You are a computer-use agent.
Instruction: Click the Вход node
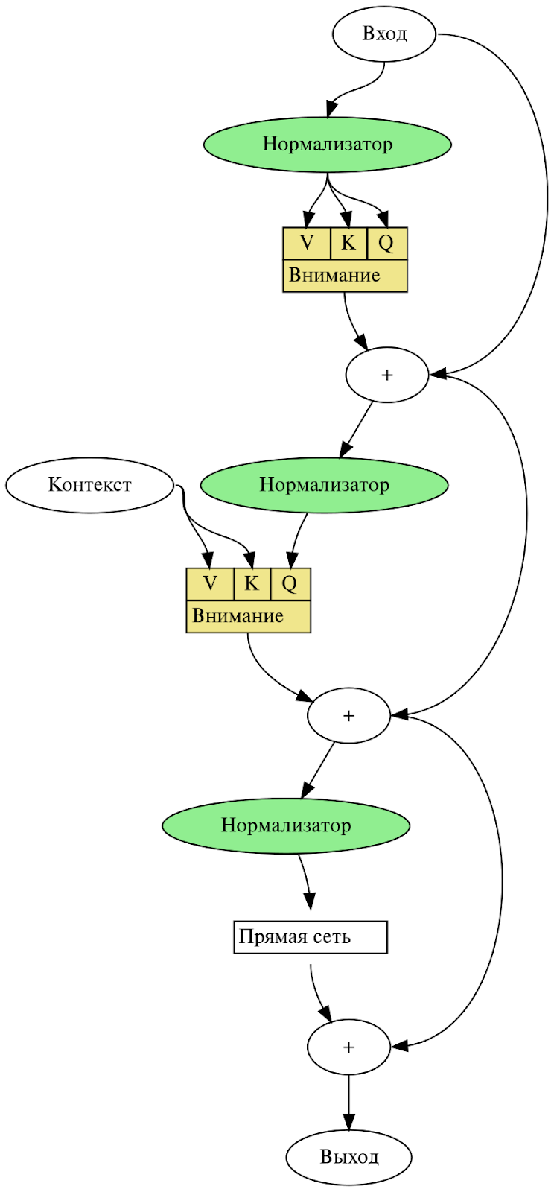click(383, 34)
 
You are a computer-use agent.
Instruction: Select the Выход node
click(348, 1157)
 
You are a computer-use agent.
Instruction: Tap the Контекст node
click(89, 485)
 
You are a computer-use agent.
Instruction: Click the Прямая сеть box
click(311, 937)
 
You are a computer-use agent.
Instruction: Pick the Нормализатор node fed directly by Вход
click(328, 144)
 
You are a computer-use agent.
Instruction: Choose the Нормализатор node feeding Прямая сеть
click(286, 825)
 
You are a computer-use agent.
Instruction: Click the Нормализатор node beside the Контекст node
click(324, 485)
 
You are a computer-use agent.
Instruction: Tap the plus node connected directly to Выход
click(348, 1047)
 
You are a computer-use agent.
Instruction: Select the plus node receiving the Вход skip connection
click(386, 375)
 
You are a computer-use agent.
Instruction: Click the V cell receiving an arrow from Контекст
click(210, 583)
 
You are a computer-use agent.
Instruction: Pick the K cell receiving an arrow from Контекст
click(252, 583)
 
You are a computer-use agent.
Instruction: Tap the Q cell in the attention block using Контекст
click(290, 583)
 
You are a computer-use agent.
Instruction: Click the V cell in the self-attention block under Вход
click(306, 243)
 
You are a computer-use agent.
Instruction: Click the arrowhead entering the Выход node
click(348, 1122)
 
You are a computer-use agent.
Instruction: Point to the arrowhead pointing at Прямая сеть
click(310, 901)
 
